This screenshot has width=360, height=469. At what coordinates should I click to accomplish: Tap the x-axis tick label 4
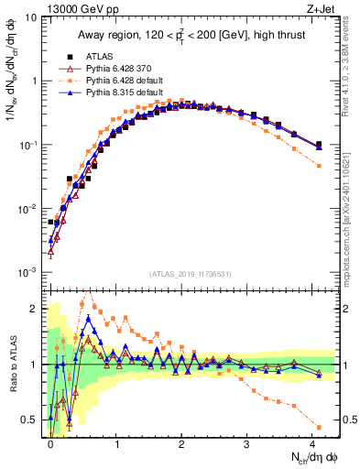312,442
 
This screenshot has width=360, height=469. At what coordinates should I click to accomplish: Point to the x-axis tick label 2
181,442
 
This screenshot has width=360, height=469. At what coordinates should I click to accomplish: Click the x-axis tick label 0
50,442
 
